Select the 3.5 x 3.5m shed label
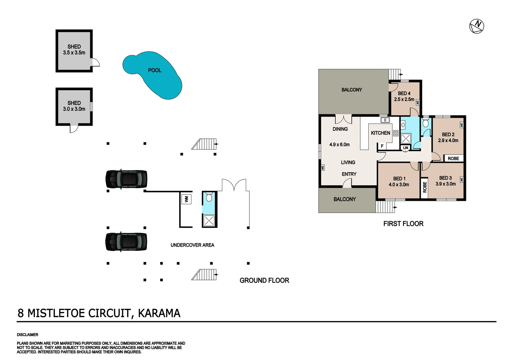(x=74, y=53)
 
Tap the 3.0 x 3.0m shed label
(x=74, y=109)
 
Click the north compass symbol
(x=476, y=26)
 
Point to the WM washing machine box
(x=186, y=199)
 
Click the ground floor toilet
(x=209, y=197)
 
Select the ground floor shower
(x=209, y=220)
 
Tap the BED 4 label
(x=404, y=94)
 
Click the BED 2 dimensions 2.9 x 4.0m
(x=448, y=140)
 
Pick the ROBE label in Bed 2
(x=453, y=159)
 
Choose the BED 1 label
(x=399, y=179)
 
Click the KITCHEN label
(x=380, y=133)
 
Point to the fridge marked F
(x=382, y=146)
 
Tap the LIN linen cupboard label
(x=406, y=148)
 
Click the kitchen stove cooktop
(x=395, y=133)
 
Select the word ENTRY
(x=349, y=174)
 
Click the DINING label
(x=340, y=129)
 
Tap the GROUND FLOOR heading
(x=264, y=281)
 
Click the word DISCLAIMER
(x=28, y=335)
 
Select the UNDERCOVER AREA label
(x=192, y=245)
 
